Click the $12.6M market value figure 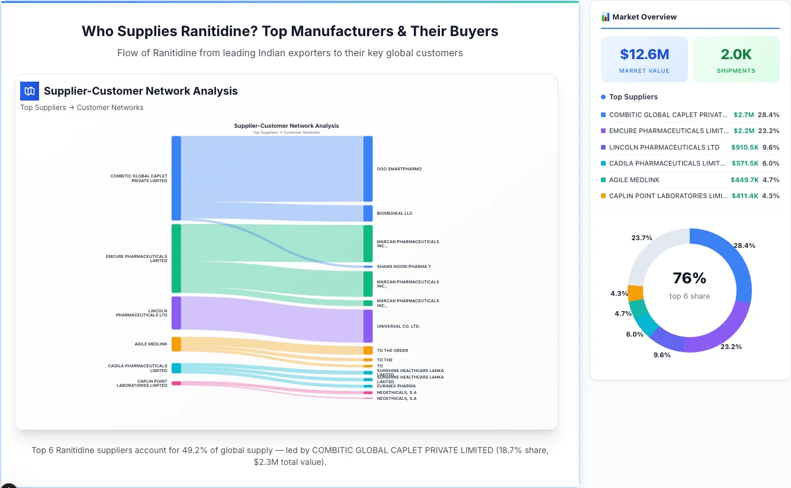[644, 54]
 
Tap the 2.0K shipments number [736, 54]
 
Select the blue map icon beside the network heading [30, 91]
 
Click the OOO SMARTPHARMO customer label [399, 169]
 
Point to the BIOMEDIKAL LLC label [394, 213]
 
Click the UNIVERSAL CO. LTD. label [398, 326]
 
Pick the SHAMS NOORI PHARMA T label [404, 267]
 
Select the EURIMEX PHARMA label [396, 386]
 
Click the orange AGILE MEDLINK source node [176, 344]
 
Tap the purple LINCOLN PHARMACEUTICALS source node [176, 313]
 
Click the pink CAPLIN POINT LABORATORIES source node [176, 383]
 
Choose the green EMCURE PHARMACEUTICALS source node [176, 258]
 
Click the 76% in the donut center [690, 278]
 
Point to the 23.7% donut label [642, 238]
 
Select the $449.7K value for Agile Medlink [744, 180]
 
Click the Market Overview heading [644, 17]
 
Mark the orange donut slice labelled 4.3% [635, 293]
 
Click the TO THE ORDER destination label [393, 351]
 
